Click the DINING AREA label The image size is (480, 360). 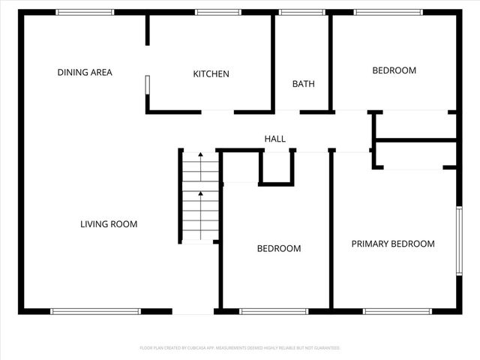click(85, 73)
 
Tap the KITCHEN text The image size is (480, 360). click(211, 74)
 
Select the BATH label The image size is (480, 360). click(303, 84)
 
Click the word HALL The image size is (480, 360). click(274, 139)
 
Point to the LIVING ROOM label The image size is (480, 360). click(109, 224)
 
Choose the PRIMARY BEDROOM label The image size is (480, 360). click(393, 244)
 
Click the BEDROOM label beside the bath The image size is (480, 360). click(394, 70)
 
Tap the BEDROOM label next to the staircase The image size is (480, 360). click(279, 249)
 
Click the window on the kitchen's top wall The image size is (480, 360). click(217, 12)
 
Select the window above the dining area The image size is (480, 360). click(85, 12)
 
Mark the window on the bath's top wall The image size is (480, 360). click(301, 12)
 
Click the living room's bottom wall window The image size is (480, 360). click(95, 311)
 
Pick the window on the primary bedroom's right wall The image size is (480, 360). click(458, 240)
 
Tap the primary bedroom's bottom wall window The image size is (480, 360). click(397, 311)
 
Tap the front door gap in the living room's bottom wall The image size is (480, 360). click(193, 311)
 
